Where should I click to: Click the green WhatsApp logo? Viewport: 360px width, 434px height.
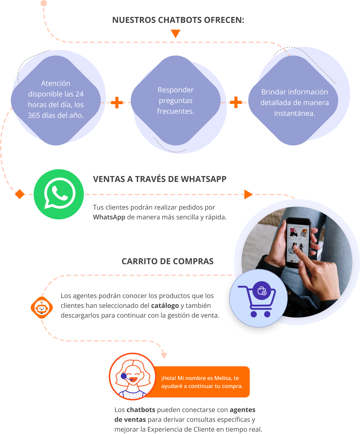[58, 194]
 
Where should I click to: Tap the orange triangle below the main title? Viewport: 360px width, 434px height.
[175, 34]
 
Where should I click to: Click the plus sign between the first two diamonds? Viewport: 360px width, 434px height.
[117, 102]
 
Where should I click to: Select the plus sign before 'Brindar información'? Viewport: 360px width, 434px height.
[236, 102]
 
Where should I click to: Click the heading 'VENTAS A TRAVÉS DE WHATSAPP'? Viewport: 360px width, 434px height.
[159, 179]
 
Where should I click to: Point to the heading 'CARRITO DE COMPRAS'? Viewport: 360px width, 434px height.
[167, 261]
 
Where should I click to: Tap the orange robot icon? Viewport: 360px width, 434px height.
[42, 308]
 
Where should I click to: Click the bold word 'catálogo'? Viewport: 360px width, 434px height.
[165, 305]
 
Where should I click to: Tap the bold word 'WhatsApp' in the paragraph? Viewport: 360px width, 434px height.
[109, 217]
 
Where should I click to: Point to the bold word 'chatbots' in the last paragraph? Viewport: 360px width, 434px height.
[141, 410]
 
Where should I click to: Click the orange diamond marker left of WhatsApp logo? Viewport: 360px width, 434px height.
[20, 194]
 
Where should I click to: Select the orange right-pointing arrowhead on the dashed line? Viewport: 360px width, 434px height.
[248, 194]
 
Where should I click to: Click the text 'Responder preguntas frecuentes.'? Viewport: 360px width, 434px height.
[176, 100]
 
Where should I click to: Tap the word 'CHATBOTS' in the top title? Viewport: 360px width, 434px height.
[180, 20]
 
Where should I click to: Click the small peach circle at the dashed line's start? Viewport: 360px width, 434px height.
[44, 3]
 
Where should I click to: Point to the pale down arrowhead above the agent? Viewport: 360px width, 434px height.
[164, 356]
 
